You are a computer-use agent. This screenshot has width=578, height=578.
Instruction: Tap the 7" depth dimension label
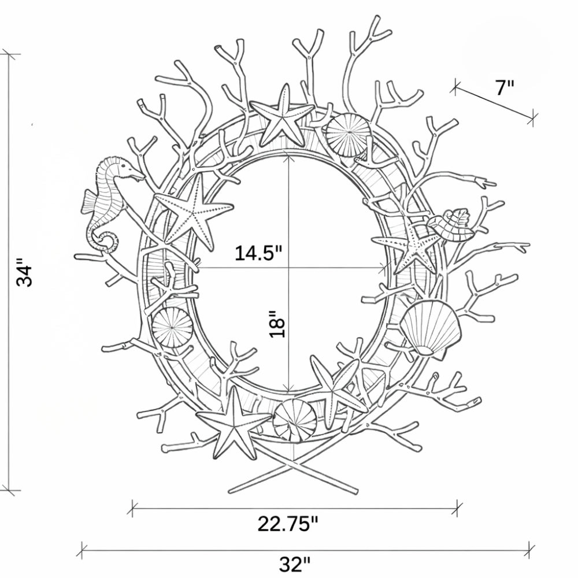pos(503,88)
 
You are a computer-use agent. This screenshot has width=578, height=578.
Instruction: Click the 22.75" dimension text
pos(287,524)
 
